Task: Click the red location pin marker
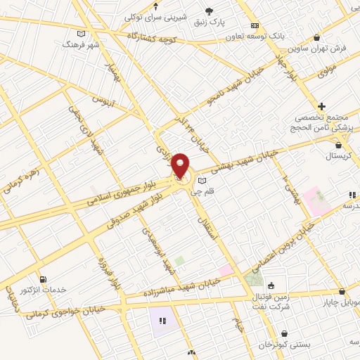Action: click(x=180, y=166)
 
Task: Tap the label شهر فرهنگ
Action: click(x=82, y=44)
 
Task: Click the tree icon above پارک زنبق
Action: click(x=209, y=10)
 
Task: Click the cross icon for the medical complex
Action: click(x=322, y=105)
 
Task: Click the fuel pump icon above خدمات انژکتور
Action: click(x=44, y=279)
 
